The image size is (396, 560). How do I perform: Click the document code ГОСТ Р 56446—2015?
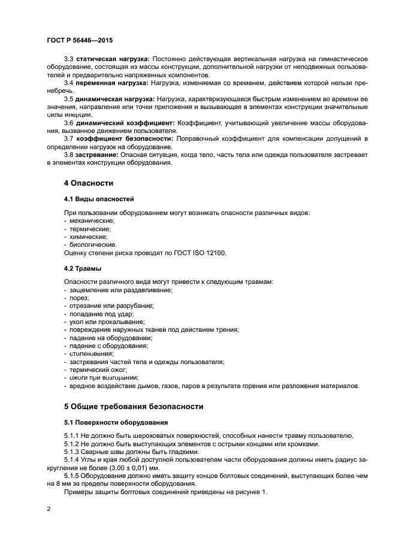tap(79, 40)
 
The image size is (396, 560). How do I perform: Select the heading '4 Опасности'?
tap(89, 183)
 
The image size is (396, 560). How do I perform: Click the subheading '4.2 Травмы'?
tap(82, 268)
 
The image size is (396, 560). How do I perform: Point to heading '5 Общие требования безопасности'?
tap(134, 406)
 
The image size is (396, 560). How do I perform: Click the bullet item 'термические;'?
tap(90, 229)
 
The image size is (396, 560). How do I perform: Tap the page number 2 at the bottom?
tap(49, 509)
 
